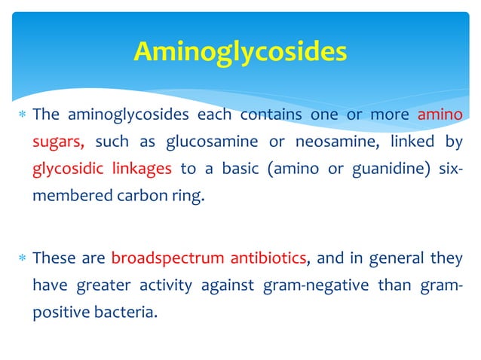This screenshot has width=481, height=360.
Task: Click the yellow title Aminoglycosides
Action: pyautogui.click(x=240, y=51)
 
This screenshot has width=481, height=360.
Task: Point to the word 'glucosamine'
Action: pyautogui.click(x=184, y=141)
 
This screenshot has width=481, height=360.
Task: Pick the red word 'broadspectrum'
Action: pyautogui.click(x=167, y=258)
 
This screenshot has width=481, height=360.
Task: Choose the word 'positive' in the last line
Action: pyautogui.click(x=59, y=311)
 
